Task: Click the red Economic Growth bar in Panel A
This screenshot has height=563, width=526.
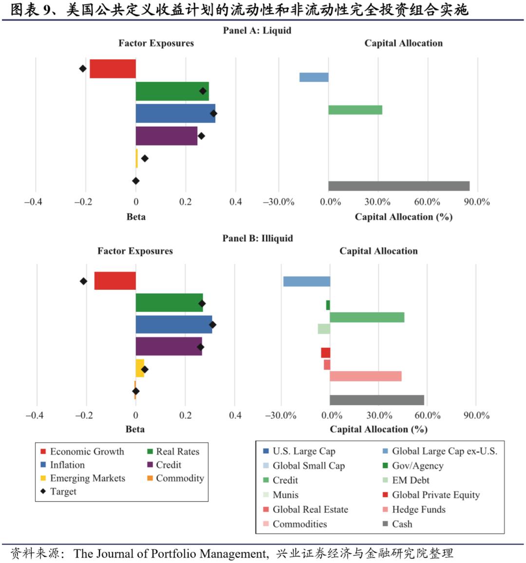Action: pos(113,69)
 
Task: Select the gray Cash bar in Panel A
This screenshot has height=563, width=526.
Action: pos(399,186)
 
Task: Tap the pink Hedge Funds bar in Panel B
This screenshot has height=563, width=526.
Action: pos(365,376)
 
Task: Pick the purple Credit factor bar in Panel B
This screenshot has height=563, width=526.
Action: pos(169,346)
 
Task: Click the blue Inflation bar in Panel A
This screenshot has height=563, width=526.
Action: pos(175,113)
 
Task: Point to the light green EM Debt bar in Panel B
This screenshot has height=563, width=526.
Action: pos(324,329)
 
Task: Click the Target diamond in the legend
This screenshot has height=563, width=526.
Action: pos(43,491)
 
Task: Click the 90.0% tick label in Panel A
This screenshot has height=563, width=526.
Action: pos(477,202)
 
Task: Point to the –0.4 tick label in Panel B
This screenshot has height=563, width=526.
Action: pos(34,415)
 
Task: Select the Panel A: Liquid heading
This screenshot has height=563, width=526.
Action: pos(257,30)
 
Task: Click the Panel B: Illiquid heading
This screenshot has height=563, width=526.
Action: pos(258,238)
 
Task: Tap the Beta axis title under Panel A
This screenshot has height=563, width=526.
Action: pos(136,217)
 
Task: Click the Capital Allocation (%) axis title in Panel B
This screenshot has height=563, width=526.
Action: pos(378,429)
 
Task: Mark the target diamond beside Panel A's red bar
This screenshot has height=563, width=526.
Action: pos(83,69)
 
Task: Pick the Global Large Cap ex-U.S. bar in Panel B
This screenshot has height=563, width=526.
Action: pos(307,281)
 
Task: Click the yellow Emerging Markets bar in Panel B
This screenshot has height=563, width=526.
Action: pos(140,368)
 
